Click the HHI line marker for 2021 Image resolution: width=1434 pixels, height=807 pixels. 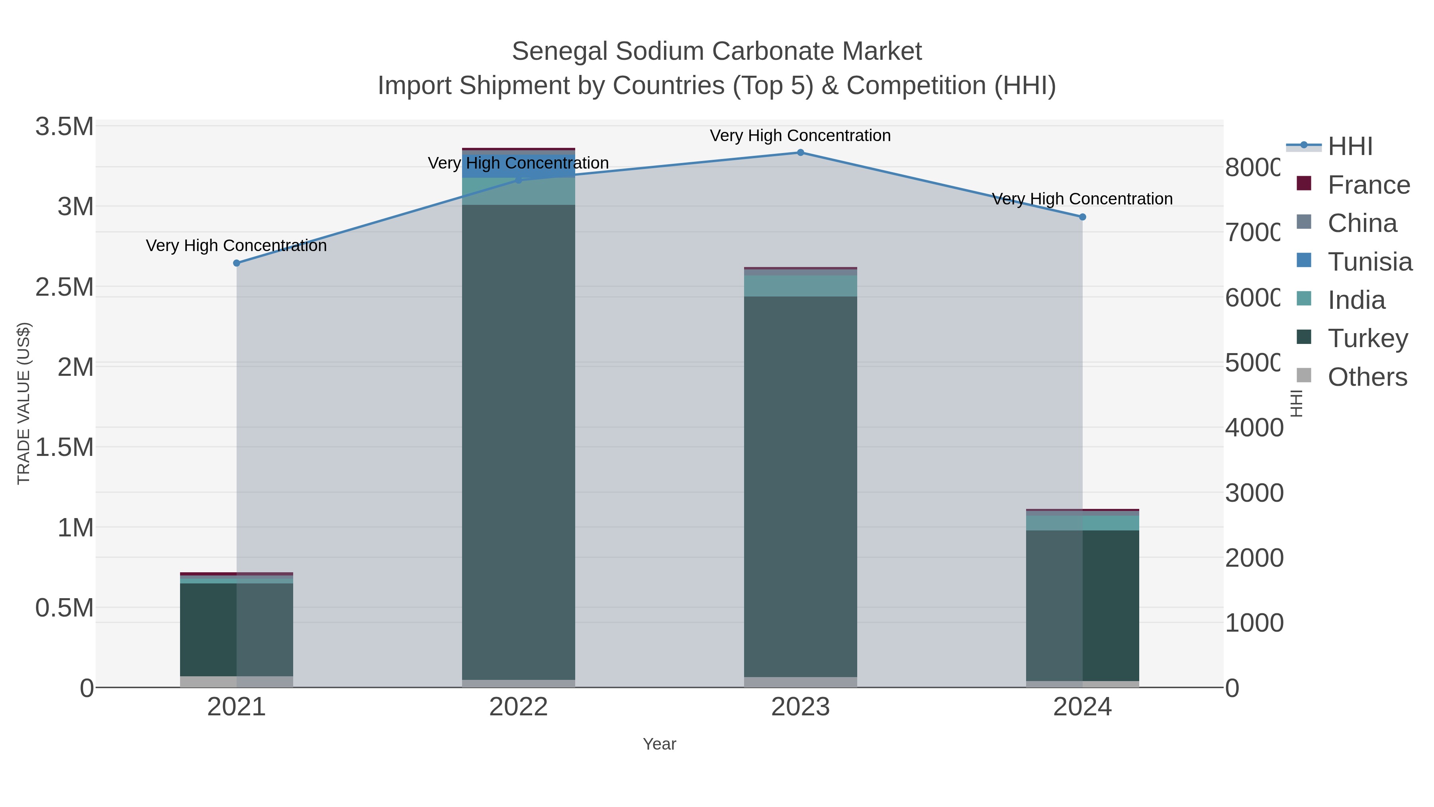[237, 263]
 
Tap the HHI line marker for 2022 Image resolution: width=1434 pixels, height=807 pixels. [519, 180]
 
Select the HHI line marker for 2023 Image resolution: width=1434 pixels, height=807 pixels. [801, 153]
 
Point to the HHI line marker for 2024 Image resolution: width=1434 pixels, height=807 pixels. [1082, 217]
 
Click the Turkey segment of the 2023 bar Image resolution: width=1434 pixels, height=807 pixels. [801, 485]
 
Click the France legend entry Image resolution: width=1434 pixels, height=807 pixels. [1368, 185]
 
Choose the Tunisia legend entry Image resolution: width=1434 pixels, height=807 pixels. [1369, 262]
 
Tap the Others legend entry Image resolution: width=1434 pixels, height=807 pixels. [1367, 377]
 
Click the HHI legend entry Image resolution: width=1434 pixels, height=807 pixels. [1350, 147]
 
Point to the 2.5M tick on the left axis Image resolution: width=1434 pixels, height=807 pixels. [65, 287]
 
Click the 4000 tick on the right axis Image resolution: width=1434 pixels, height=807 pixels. [1254, 428]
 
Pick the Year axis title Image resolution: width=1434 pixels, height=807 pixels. [660, 744]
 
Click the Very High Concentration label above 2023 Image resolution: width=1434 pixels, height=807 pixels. [800, 136]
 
